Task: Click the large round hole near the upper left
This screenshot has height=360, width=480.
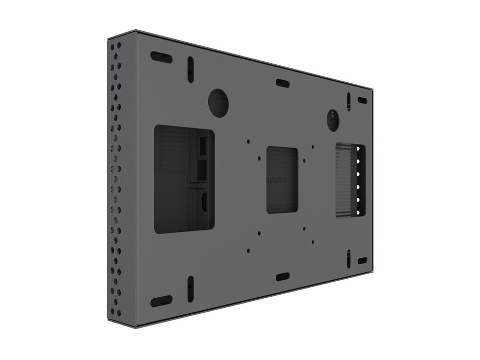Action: (x=218, y=102)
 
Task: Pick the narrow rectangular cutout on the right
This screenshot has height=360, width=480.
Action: (x=350, y=181)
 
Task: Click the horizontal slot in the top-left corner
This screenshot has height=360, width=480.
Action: (x=161, y=57)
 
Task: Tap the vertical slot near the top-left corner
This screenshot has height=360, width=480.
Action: (x=190, y=69)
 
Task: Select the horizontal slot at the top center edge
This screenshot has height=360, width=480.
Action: (x=282, y=83)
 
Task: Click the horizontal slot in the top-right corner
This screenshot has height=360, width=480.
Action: (x=363, y=100)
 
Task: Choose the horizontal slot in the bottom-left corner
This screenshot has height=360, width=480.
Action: (x=161, y=301)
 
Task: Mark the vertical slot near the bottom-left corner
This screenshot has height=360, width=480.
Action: (x=190, y=287)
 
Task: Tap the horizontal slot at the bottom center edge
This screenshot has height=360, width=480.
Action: (x=282, y=277)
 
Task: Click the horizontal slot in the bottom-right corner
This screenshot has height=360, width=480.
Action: (x=363, y=261)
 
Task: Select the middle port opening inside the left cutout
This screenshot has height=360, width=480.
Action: (x=202, y=168)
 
